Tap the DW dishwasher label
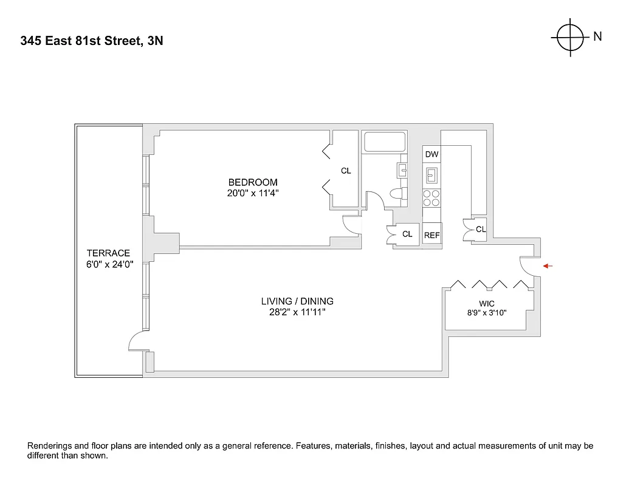(431, 155)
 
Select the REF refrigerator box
(431, 234)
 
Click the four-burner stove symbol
(431, 198)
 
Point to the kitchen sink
(431, 176)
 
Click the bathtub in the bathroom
(385, 143)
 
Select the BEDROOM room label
(253, 182)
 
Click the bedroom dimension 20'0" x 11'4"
(253, 194)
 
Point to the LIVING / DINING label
(297, 301)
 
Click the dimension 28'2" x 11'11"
(297, 313)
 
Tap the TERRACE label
(108, 253)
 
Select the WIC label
(487, 303)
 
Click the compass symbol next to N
(570, 37)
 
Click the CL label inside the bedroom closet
(346, 171)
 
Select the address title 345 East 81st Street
(91, 41)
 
